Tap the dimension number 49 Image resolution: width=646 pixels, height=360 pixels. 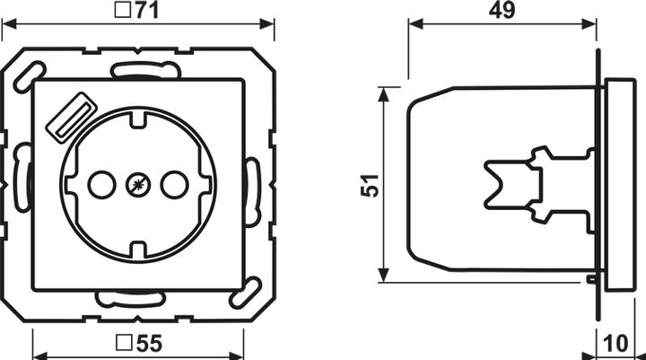502,12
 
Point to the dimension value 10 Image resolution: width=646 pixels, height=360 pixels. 615,343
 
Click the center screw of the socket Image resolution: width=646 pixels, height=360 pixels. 137,185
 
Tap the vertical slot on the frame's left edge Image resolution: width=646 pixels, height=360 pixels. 21,184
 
